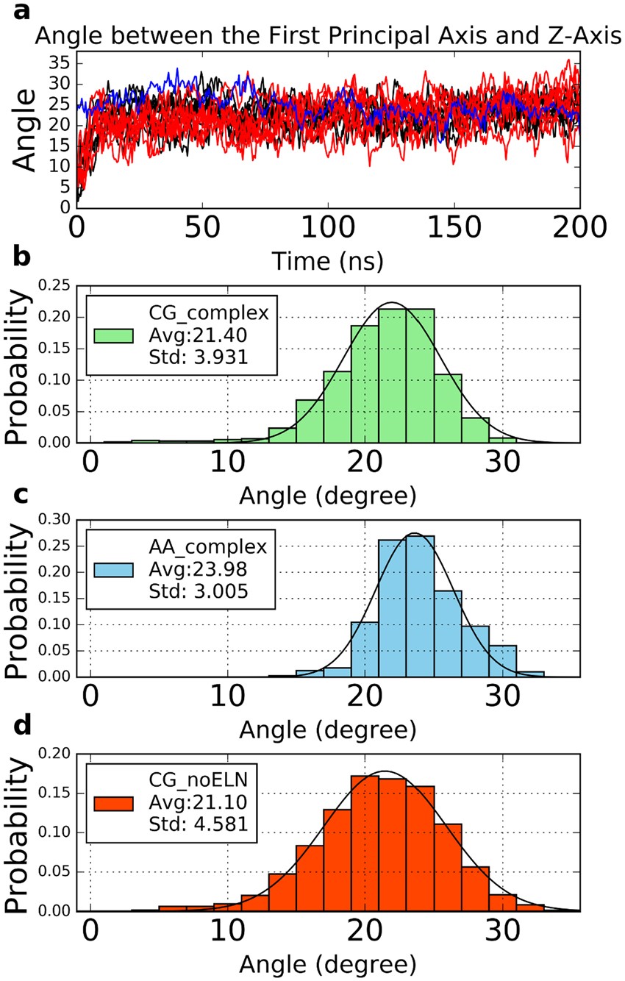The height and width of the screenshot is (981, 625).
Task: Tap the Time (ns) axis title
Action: pos(327,260)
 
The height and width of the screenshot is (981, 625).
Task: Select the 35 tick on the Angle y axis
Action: pos(57,64)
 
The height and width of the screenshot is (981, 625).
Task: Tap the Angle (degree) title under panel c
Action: pos(327,731)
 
